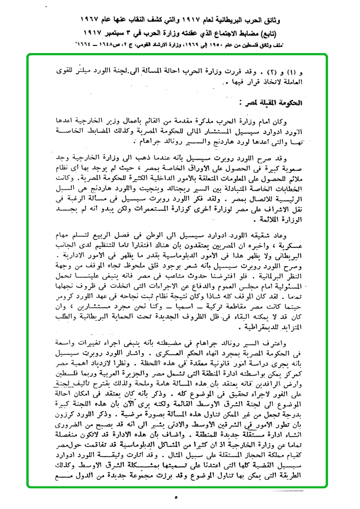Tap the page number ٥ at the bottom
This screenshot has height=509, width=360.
176,497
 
